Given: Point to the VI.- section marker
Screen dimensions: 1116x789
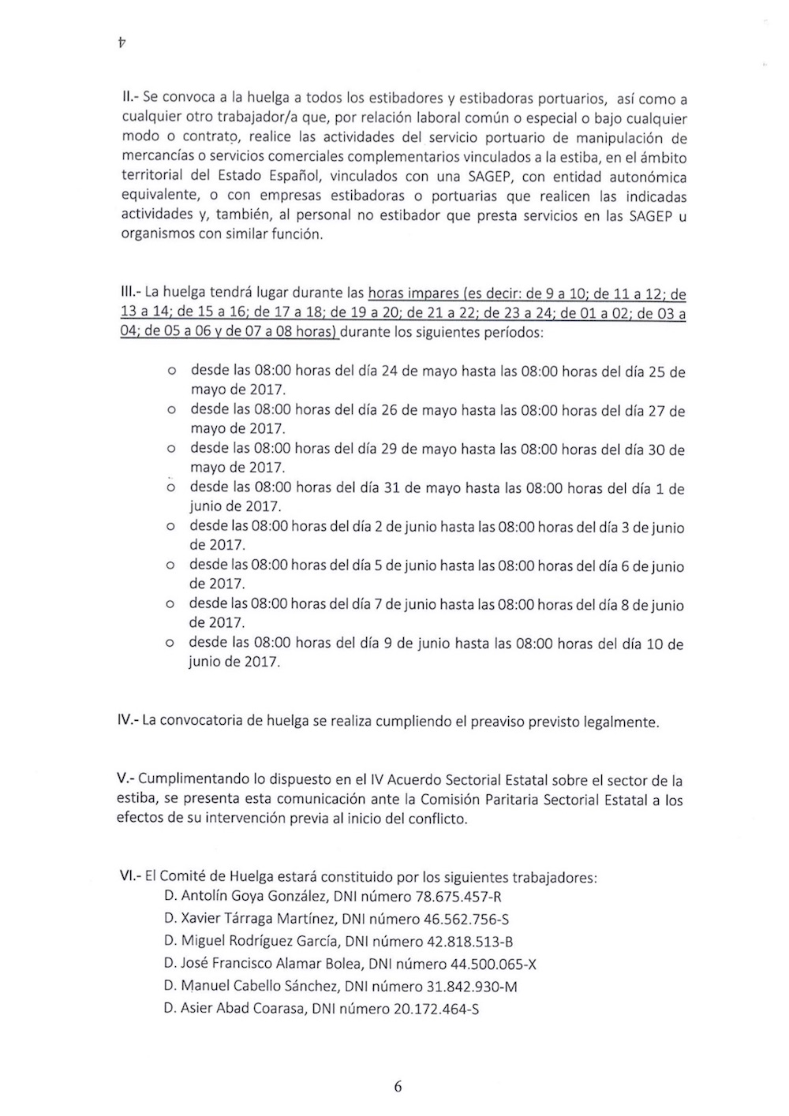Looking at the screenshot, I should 129,877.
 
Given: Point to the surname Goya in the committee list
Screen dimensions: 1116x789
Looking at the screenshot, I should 252,896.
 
